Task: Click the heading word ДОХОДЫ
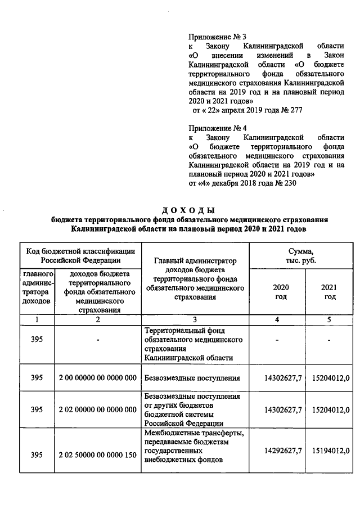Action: click(188, 210)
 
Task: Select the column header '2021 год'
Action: click(329, 292)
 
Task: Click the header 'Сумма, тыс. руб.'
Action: click(305, 256)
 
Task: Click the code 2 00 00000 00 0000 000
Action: click(97, 378)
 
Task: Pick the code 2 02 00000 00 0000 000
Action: click(97, 409)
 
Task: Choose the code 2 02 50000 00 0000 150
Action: click(97, 454)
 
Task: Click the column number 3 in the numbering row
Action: click(194, 319)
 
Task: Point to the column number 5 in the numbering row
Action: click(329, 319)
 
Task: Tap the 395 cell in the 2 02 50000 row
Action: click(37, 454)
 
